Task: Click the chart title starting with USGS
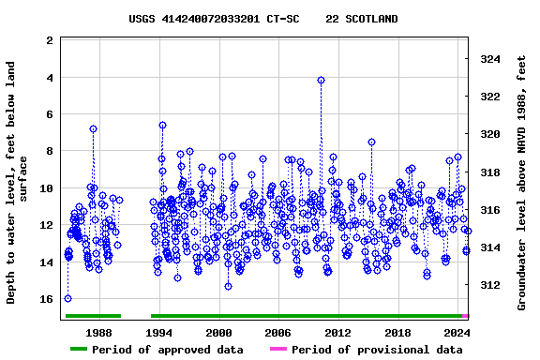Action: tap(262, 19)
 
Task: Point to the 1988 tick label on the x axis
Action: tap(98, 333)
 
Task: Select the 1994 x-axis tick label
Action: tap(158, 333)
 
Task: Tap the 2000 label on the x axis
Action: tap(218, 333)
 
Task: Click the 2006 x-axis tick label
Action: tap(277, 333)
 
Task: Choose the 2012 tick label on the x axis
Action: tap(337, 333)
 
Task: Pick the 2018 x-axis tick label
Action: tap(397, 333)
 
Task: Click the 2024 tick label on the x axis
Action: tap(457, 333)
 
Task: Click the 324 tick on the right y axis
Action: tap(490, 59)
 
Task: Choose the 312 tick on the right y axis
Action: tap(490, 285)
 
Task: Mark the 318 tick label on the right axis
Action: tap(490, 172)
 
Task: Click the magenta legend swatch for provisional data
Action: tap(278, 350)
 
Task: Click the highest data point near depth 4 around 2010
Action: tap(321, 81)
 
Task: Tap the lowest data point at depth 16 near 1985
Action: tap(67, 298)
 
